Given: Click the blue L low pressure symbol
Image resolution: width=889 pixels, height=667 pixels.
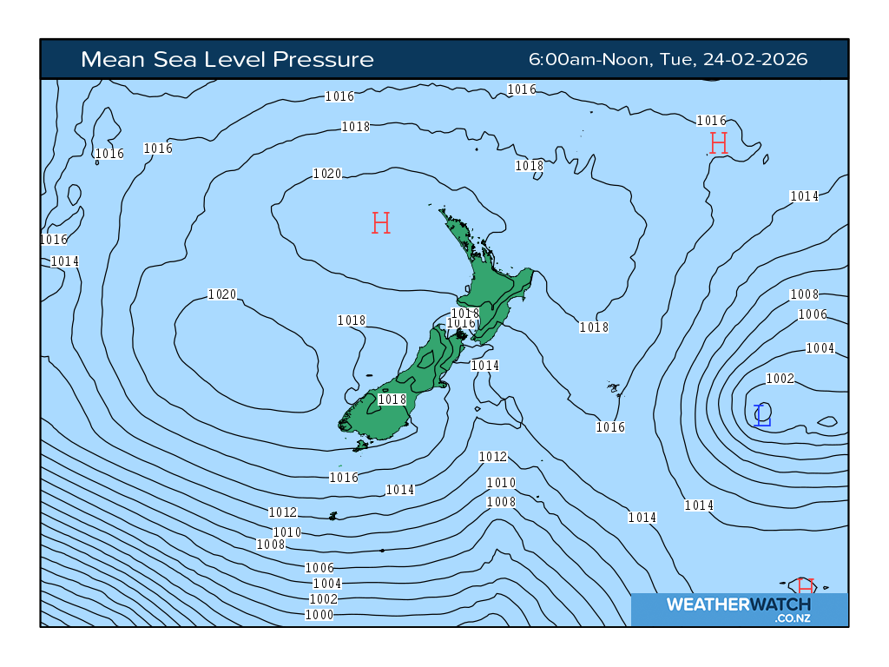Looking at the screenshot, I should [762, 415].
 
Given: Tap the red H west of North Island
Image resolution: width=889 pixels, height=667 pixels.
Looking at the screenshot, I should [380, 223].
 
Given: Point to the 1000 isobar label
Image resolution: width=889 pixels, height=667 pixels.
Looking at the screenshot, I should [319, 615].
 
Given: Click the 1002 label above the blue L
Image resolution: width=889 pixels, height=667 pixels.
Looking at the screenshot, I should [780, 379].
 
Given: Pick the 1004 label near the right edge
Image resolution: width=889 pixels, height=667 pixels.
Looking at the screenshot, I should [820, 348].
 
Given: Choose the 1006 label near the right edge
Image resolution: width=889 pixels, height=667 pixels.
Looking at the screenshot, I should [813, 314].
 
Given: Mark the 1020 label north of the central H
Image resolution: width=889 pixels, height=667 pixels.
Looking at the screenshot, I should [326, 174].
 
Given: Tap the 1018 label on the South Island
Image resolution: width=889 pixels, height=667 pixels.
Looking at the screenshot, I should [392, 400].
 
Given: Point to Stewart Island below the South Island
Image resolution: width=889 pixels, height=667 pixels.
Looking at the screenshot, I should [360, 446].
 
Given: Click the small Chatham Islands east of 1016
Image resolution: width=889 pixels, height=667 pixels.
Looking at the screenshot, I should [614, 388].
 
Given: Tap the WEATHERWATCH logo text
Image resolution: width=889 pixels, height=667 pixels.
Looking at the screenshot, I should [738, 604].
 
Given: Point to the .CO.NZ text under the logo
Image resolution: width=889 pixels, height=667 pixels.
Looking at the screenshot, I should [793, 618].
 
